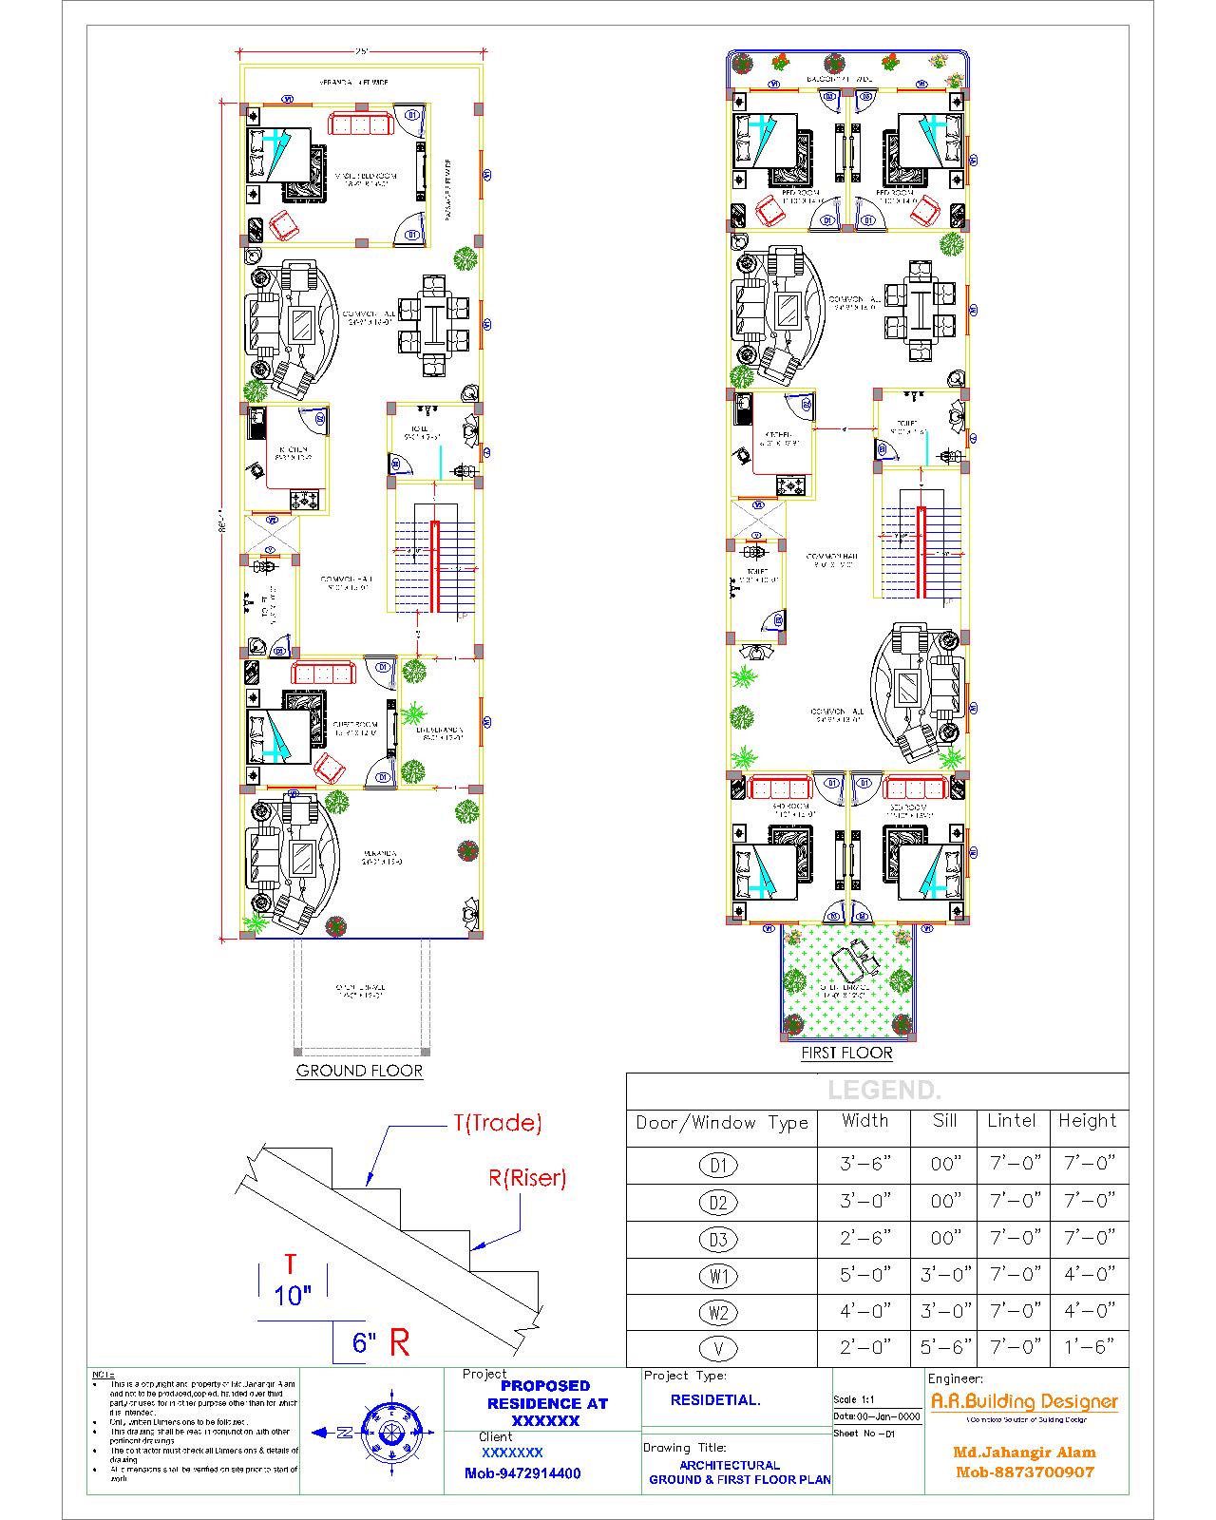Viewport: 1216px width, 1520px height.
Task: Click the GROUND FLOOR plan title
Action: [359, 1071]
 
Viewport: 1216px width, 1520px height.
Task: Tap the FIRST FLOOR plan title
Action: [846, 1053]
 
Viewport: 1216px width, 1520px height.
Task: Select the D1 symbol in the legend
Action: [718, 1165]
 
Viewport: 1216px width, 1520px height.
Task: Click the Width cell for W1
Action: [864, 1274]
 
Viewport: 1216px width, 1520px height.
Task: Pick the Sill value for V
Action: [944, 1347]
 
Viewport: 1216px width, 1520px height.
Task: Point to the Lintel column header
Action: [1011, 1121]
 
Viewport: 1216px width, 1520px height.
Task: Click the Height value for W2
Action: [1088, 1311]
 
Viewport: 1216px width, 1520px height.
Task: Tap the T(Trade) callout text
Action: [497, 1123]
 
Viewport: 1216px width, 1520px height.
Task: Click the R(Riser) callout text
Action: [527, 1178]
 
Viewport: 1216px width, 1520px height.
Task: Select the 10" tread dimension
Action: [293, 1296]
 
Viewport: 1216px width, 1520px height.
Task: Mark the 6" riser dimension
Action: [364, 1343]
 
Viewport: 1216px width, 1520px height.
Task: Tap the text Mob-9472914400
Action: [522, 1473]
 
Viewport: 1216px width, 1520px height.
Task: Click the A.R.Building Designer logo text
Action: [1023, 1401]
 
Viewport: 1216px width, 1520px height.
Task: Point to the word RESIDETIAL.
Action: [715, 1400]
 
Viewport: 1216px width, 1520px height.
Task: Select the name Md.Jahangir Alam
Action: [1024, 1453]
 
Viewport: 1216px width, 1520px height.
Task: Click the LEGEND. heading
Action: [883, 1091]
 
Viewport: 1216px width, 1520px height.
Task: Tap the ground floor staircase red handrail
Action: [435, 565]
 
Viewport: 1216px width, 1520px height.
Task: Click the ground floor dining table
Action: [433, 323]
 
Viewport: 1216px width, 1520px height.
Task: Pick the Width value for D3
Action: [864, 1237]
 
